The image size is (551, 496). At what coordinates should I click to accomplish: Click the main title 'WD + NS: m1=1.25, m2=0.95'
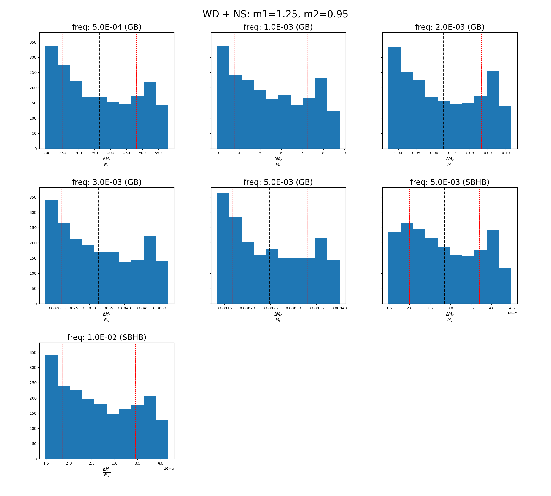pos(275,14)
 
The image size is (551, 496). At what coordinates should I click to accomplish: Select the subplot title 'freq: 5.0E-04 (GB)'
pos(107,27)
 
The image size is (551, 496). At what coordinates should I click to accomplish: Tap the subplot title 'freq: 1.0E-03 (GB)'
pos(278,27)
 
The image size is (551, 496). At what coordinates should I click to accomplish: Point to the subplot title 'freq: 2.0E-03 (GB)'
pos(450,27)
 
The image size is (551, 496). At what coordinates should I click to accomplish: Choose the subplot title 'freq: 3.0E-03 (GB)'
pos(107,182)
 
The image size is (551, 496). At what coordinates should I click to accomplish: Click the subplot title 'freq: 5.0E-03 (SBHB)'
pos(450,182)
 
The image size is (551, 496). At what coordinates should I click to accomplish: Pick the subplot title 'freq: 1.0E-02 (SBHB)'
pos(107,337)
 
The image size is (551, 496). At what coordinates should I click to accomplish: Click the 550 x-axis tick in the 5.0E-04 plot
pos(158,153)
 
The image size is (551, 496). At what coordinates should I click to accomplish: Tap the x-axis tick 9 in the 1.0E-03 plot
pos(344,153)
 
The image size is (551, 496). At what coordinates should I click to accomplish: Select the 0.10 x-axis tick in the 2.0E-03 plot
pos(506,153)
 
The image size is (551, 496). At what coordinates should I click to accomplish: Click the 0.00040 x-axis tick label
pos(339,308)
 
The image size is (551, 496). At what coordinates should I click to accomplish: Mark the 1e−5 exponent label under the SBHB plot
pos(512,313)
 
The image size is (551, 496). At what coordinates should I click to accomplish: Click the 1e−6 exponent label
pos(169,468)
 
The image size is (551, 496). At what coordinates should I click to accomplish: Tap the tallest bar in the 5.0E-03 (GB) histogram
pos(223,248)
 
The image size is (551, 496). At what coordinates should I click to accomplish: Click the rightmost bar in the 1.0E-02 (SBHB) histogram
pos(162,439)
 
